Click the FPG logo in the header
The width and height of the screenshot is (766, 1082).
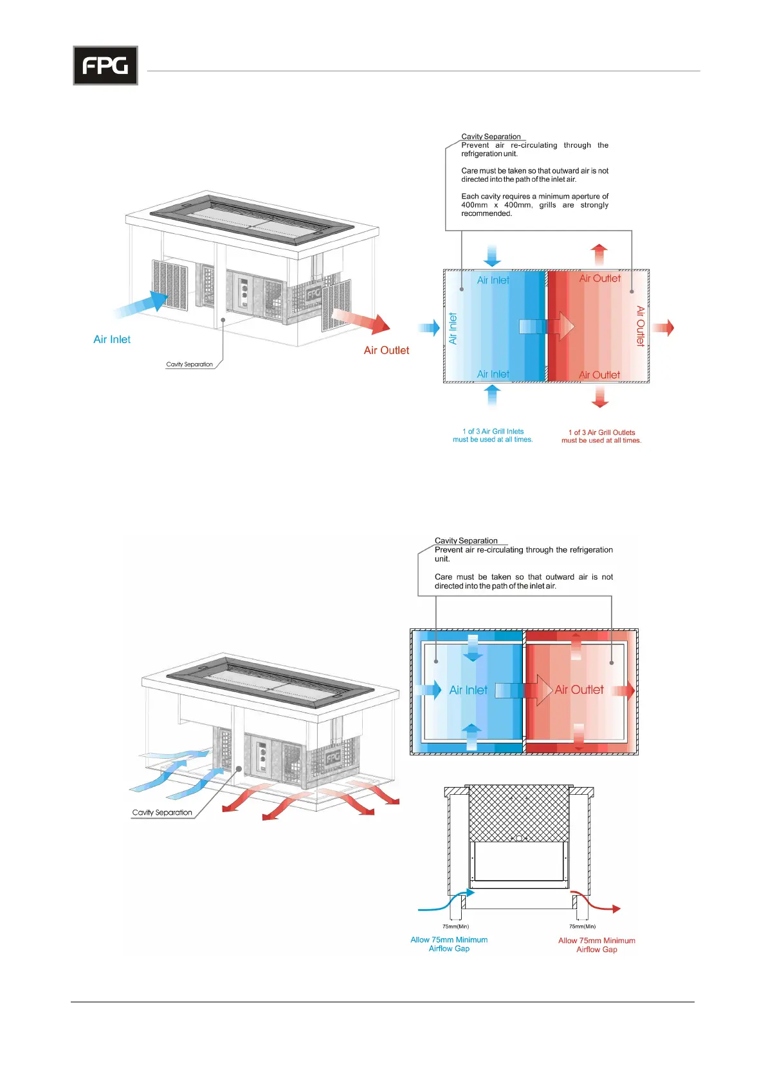[105, 66]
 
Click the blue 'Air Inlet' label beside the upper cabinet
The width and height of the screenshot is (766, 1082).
[112, 339]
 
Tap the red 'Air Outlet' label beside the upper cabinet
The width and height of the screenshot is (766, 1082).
[386, 350]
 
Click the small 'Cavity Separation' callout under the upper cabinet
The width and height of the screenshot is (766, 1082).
[189, 364]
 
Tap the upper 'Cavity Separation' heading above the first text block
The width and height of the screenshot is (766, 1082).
[491, 136]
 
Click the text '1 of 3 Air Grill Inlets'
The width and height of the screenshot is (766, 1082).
[493, 431]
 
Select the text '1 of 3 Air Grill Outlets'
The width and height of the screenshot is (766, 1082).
[601, 432]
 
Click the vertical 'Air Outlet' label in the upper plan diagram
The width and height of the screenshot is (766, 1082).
[641, 326]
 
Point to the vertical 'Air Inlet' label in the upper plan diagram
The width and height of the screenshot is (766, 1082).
[453, 328]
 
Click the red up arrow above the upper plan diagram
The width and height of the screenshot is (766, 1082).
[599, 254]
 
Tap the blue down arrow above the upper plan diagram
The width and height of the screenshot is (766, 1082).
[492, 255]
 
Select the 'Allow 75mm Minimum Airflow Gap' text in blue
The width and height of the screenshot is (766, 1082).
[449, 944]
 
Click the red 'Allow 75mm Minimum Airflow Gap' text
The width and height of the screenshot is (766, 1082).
[596, 945]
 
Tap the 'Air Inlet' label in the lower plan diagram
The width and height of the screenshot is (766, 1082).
[468, 690]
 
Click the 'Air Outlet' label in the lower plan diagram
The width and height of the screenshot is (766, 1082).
[579, 689]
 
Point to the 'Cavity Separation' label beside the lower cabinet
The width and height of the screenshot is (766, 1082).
[162, 813]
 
